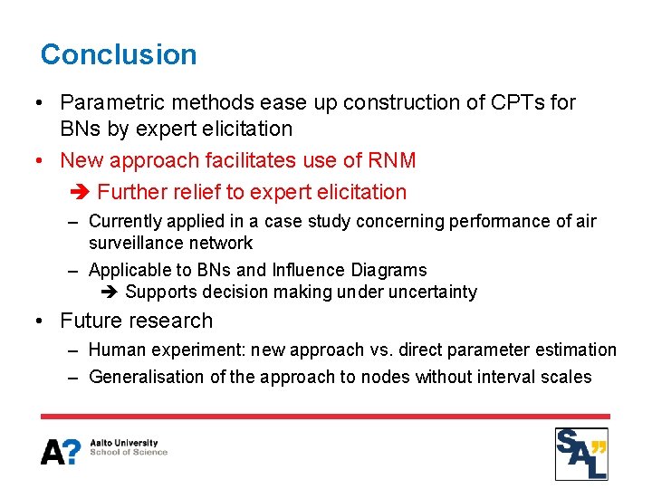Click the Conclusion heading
click(x=119, y=54)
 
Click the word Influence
click(x=306, y=270)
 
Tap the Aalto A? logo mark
click(x=60, y=451)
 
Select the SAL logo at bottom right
click(x=581, y=454)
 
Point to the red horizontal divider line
click(x=325, y=417)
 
